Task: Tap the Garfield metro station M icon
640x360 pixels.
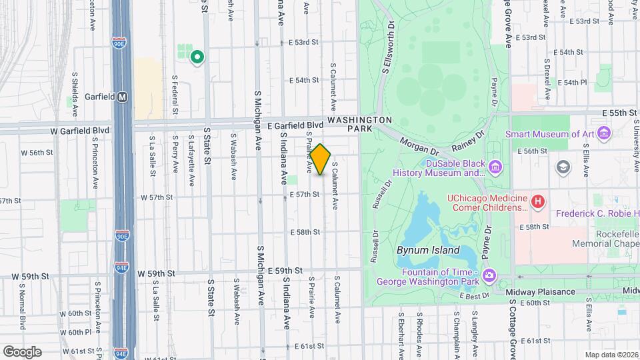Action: (x=122, y=97)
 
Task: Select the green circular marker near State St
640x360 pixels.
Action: (x=197, y=57)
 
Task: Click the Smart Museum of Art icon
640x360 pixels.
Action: (x=605, y=133)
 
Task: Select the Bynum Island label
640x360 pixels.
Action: (x=427, y=251)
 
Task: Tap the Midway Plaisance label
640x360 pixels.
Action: (x=540, y=292)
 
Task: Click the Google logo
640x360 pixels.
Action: (x=23, y=351)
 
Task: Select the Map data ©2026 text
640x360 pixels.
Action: (x=610, y=355)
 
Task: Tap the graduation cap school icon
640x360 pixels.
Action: (x=563, y=166)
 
